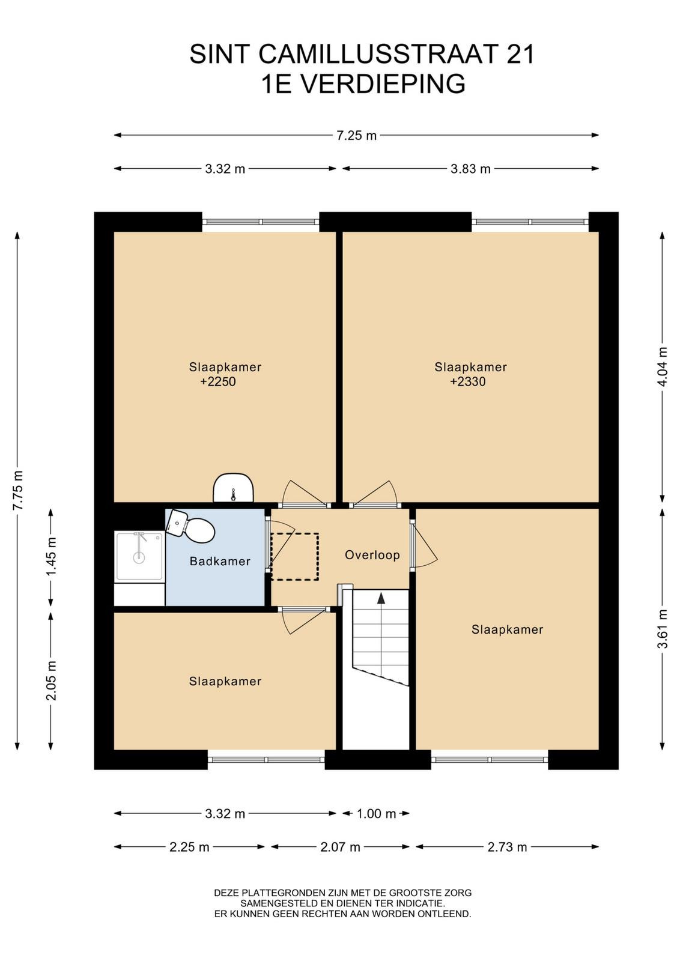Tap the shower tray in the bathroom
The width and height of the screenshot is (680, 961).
[x=139, y=556]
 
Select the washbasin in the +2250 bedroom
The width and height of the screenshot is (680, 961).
[x=234, y=488]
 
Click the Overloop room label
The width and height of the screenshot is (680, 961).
[x=372, y=555]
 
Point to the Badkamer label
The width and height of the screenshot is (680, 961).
[x=220, y=561]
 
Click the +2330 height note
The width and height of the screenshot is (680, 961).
[x=467, y=381]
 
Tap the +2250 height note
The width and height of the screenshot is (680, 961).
[x=218, y=381]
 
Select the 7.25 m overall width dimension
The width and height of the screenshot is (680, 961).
[x=356, y=136]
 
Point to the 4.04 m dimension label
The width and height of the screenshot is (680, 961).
[x=663, y=367]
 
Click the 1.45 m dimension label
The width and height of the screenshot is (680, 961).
[x=51, y=557]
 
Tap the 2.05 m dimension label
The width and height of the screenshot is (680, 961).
[x=51, y=681]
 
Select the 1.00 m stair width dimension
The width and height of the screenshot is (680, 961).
[x=376, y=813]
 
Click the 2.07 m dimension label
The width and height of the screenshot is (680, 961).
[x=340, y=847]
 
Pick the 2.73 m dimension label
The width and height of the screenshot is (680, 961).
[x=507, y=847]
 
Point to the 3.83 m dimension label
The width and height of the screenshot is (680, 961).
[x=470, y=169]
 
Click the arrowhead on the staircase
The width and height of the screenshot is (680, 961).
[x=380, y=598]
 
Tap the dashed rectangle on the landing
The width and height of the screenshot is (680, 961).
[x=295, y=557]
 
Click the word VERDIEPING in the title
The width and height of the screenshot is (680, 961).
[x=382, y=83]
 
